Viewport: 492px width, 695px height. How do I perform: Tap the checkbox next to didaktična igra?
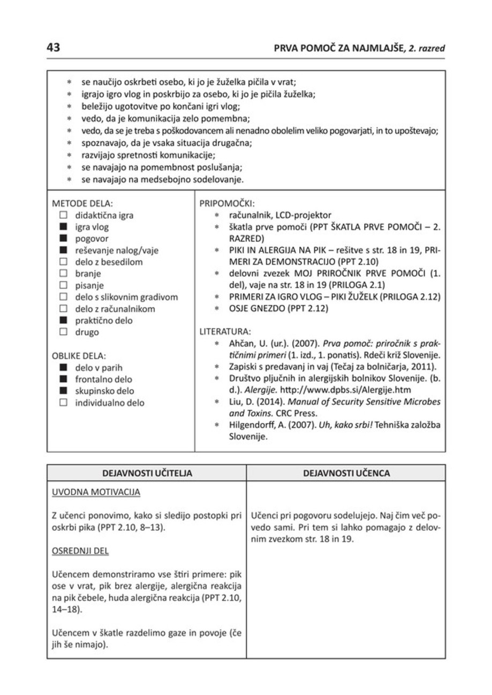click(63, 217)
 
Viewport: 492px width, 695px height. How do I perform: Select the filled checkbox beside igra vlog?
click(63, 228)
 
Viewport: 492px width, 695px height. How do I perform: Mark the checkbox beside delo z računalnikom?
click(63, 309)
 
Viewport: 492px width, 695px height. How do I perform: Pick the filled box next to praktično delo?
click(63, 320)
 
